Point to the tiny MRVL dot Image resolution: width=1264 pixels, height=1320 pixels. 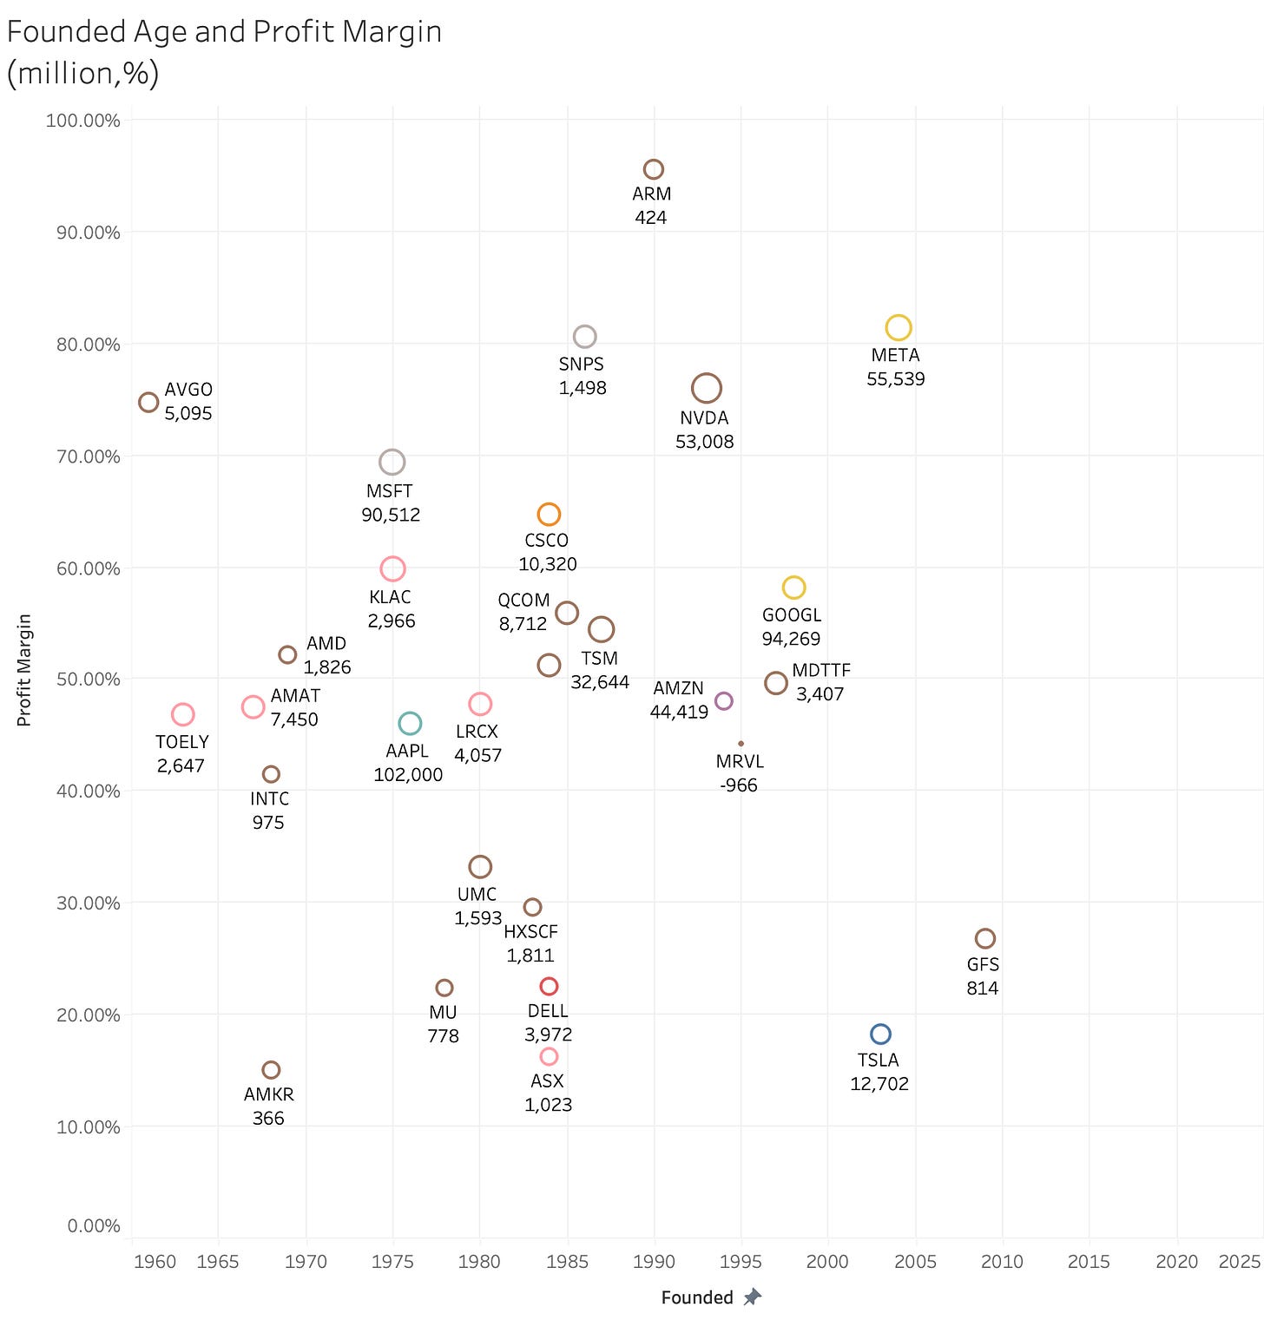[741, 744]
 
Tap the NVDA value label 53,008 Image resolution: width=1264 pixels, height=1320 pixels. [705, 442]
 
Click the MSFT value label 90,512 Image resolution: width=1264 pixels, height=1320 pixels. [391, 515]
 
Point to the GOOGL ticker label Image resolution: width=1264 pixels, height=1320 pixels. [792, 615]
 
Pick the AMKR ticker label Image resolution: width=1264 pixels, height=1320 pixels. [269, 1094]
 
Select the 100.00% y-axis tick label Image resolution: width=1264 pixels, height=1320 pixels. [82, 121]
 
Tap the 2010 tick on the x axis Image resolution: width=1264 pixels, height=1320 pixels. [1002, 1261]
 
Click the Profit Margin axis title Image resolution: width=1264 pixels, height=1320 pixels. [24, 670]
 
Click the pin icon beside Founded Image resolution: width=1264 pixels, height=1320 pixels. [753, 1297]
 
